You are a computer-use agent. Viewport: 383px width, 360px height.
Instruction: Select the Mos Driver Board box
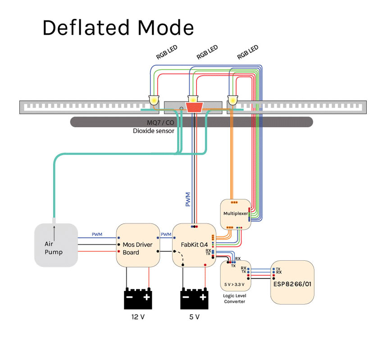(x=138, y=246)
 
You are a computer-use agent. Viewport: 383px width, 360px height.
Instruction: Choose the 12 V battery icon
(x=138, y=297)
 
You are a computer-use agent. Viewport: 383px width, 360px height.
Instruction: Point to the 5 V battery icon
(x=194, y=297)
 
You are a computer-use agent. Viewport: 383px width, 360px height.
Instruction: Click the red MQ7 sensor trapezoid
(x=194, y=107)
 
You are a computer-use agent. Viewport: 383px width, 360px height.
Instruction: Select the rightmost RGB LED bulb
(x=233, y=100)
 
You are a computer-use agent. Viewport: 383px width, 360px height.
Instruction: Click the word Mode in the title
(x=166, y=28)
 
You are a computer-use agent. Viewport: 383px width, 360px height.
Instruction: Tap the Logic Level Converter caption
(x=234, y=299)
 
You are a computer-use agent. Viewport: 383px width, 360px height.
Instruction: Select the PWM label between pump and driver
(x=97, y=235)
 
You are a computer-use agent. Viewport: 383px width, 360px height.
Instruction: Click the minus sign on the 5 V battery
(x=185, y=297)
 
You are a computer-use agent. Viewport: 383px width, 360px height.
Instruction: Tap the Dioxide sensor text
(x=153, y=131)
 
